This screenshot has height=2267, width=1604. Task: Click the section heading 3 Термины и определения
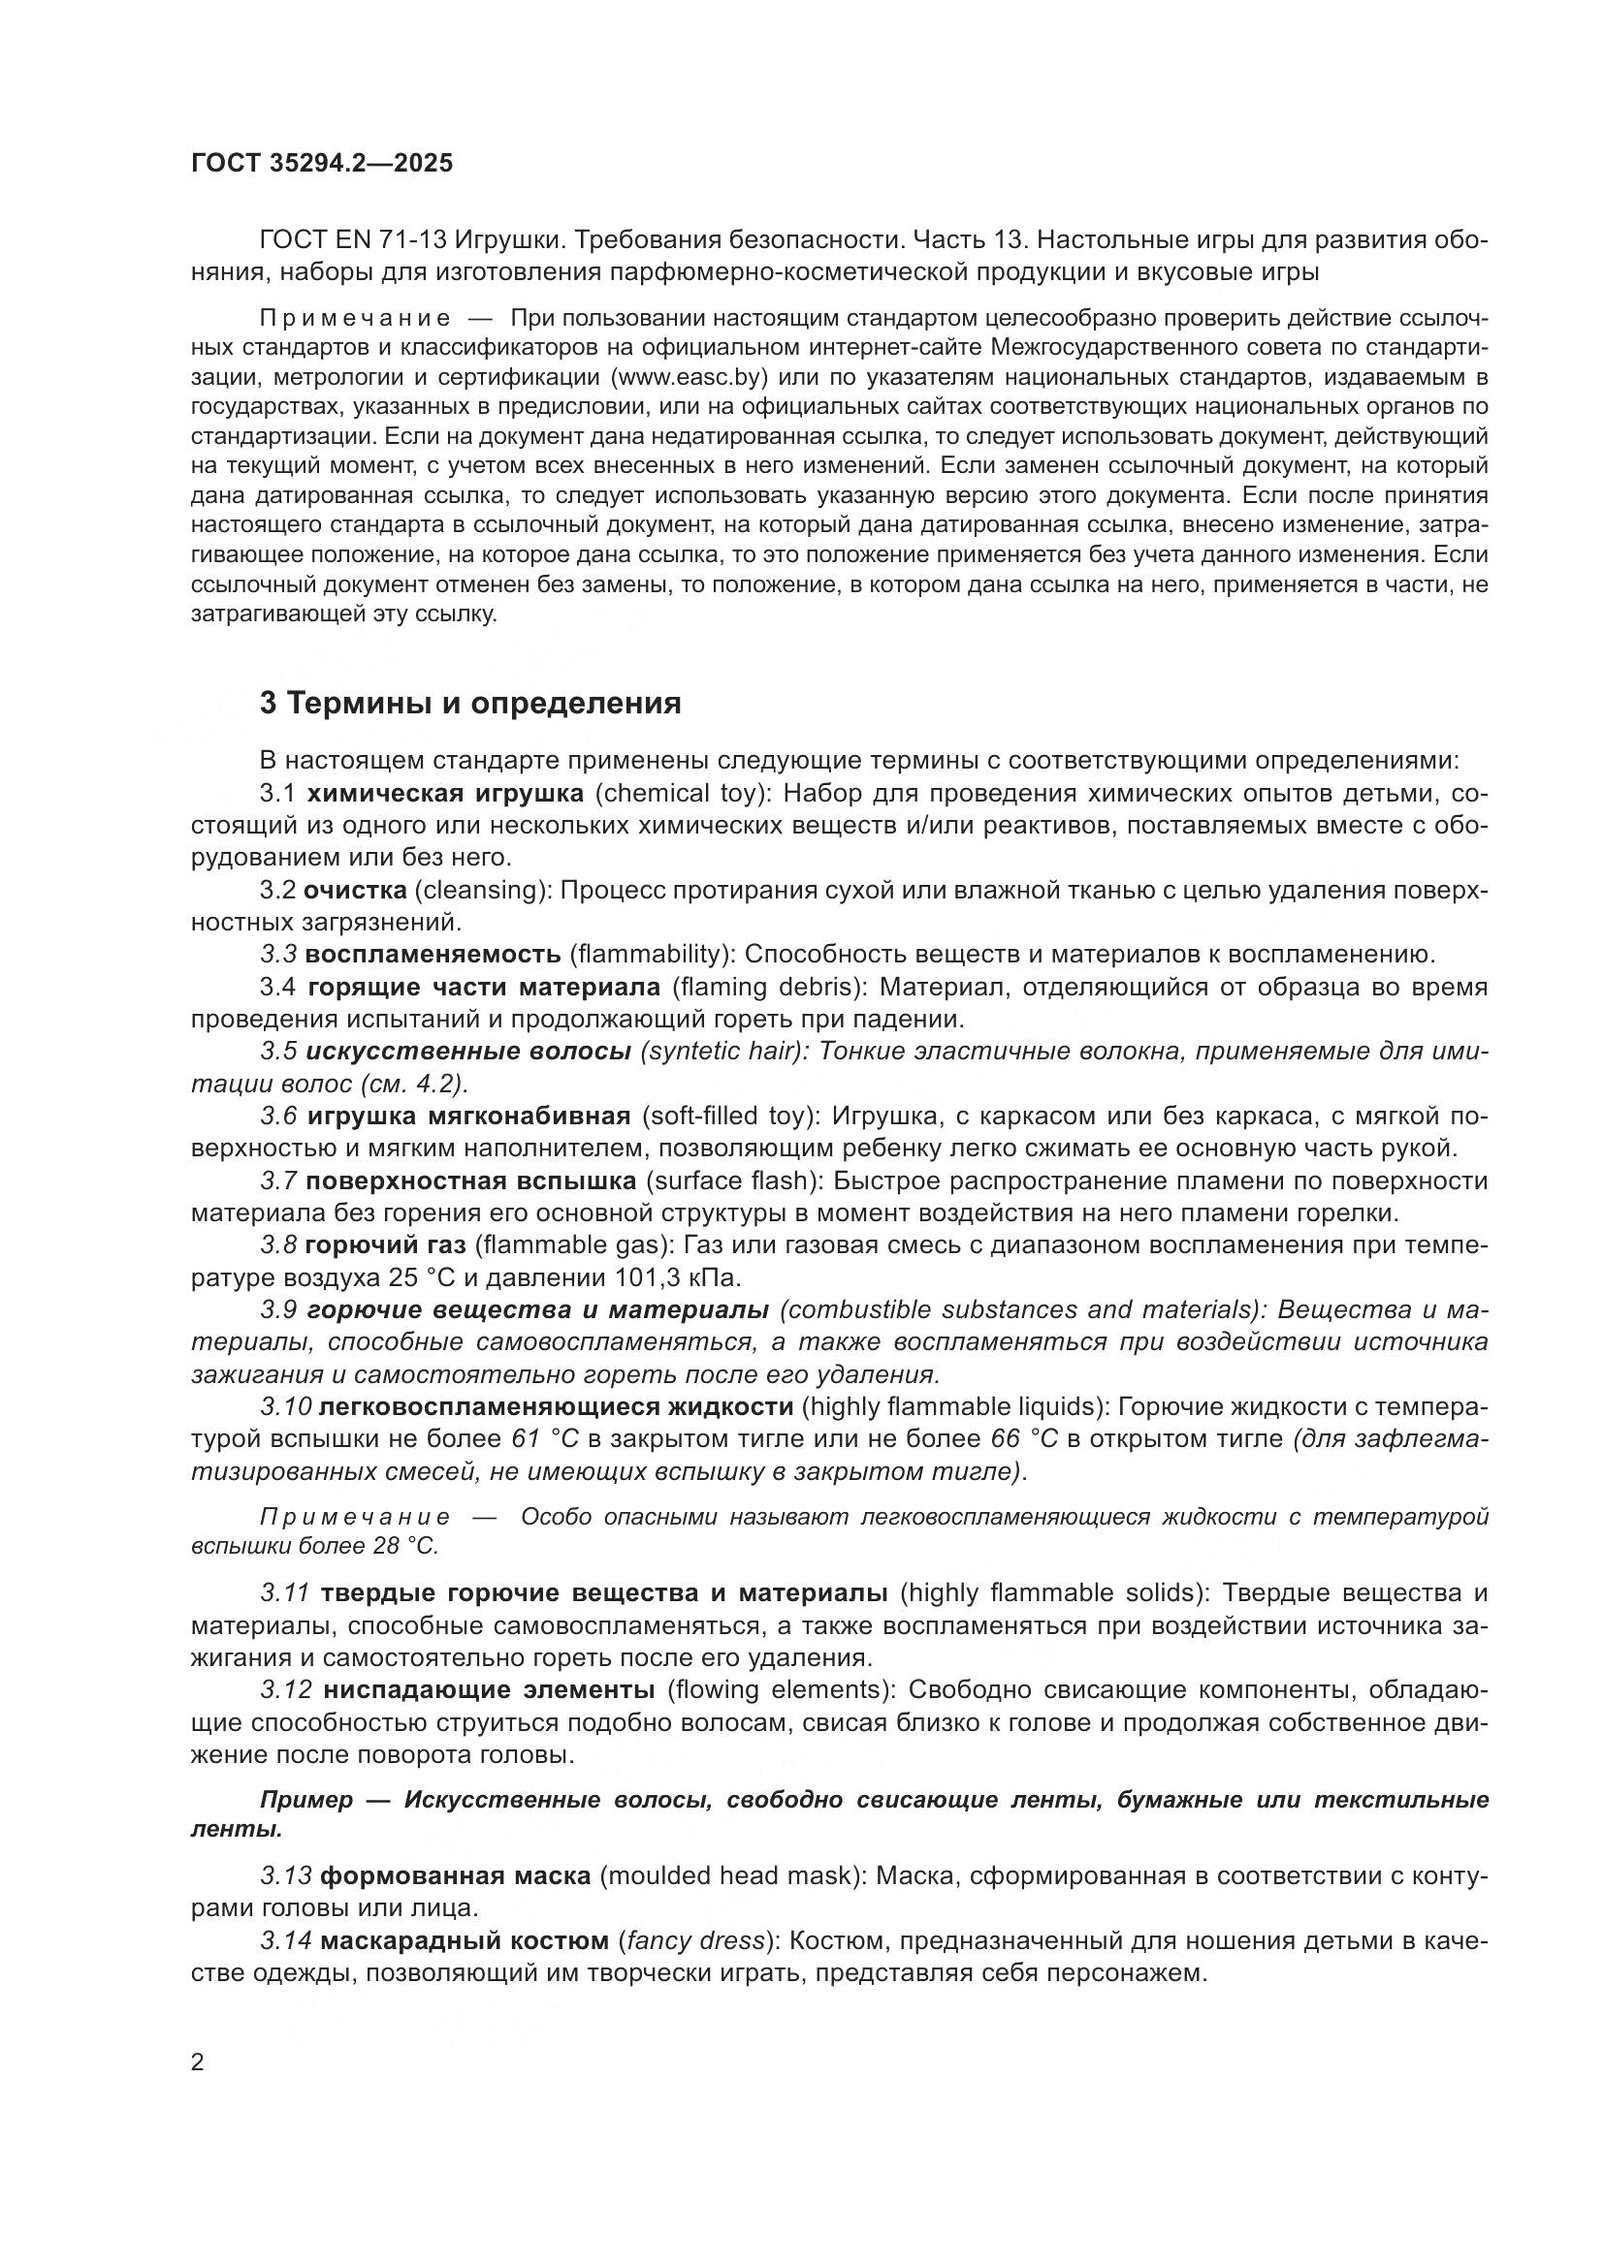(x=470, y=703)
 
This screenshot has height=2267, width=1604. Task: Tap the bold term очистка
(x=355, y=890)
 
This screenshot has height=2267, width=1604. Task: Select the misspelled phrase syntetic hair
(x=721, y=1051)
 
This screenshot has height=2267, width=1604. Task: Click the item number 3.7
(x=278, y=1181)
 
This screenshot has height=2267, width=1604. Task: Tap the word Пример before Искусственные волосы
(x=306, y=1799)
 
